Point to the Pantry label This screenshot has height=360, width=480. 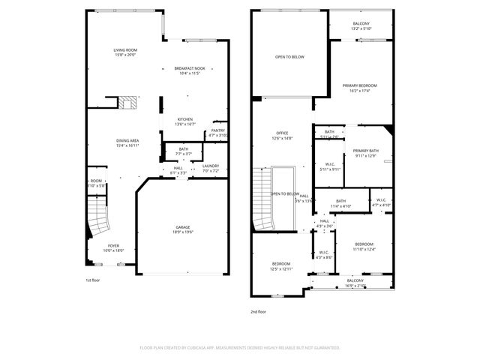pos(217,132)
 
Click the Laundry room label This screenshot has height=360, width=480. pos(210,168)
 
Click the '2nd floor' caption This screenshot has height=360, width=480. pos(259,310)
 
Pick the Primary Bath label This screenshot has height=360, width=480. pos(366,152)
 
